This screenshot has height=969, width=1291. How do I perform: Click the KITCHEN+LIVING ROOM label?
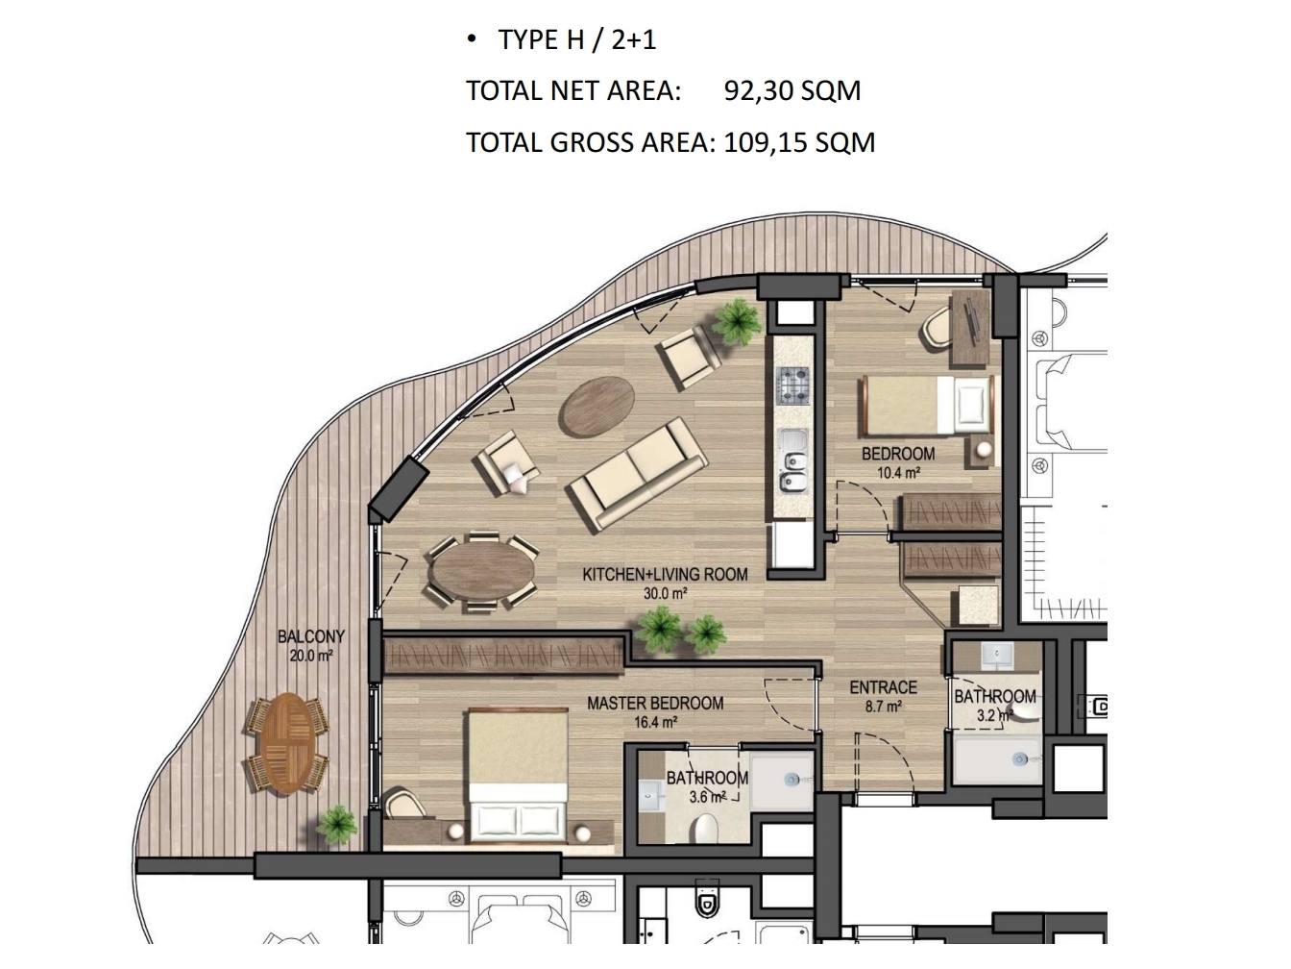pos(665,574)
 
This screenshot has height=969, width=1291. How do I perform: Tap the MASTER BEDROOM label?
pos(655,703)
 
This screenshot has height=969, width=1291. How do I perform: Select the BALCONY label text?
pos(310,636)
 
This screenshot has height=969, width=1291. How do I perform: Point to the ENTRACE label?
pos(883,687)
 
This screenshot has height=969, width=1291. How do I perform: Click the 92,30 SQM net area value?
pos(792,90)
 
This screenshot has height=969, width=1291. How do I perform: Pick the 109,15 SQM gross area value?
pos(799,142)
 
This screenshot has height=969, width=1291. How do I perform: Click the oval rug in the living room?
pos(597,408)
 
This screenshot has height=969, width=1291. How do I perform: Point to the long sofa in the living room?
pos(637,476)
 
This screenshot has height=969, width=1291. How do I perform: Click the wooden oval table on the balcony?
pos(287,744)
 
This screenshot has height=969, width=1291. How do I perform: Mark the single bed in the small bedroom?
pos(928,406)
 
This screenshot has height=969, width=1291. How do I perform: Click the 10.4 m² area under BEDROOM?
pos(898,472)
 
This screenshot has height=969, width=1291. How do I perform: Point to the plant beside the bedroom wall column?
pos(737,321)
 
